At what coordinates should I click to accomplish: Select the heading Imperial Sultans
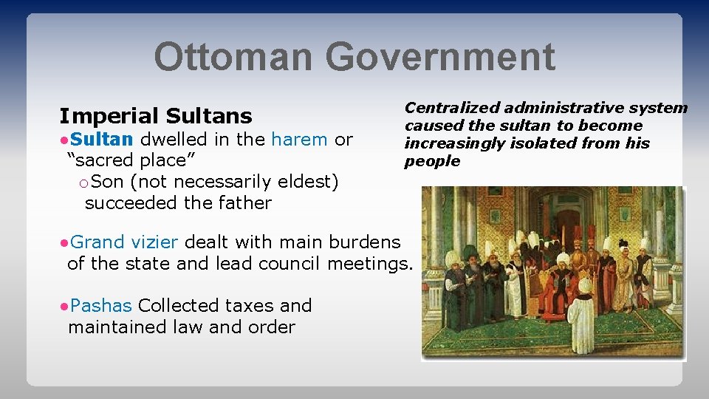pos(156,116)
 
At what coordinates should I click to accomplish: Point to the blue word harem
pos(299,139)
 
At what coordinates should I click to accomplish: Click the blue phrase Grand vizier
pos(126,242)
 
